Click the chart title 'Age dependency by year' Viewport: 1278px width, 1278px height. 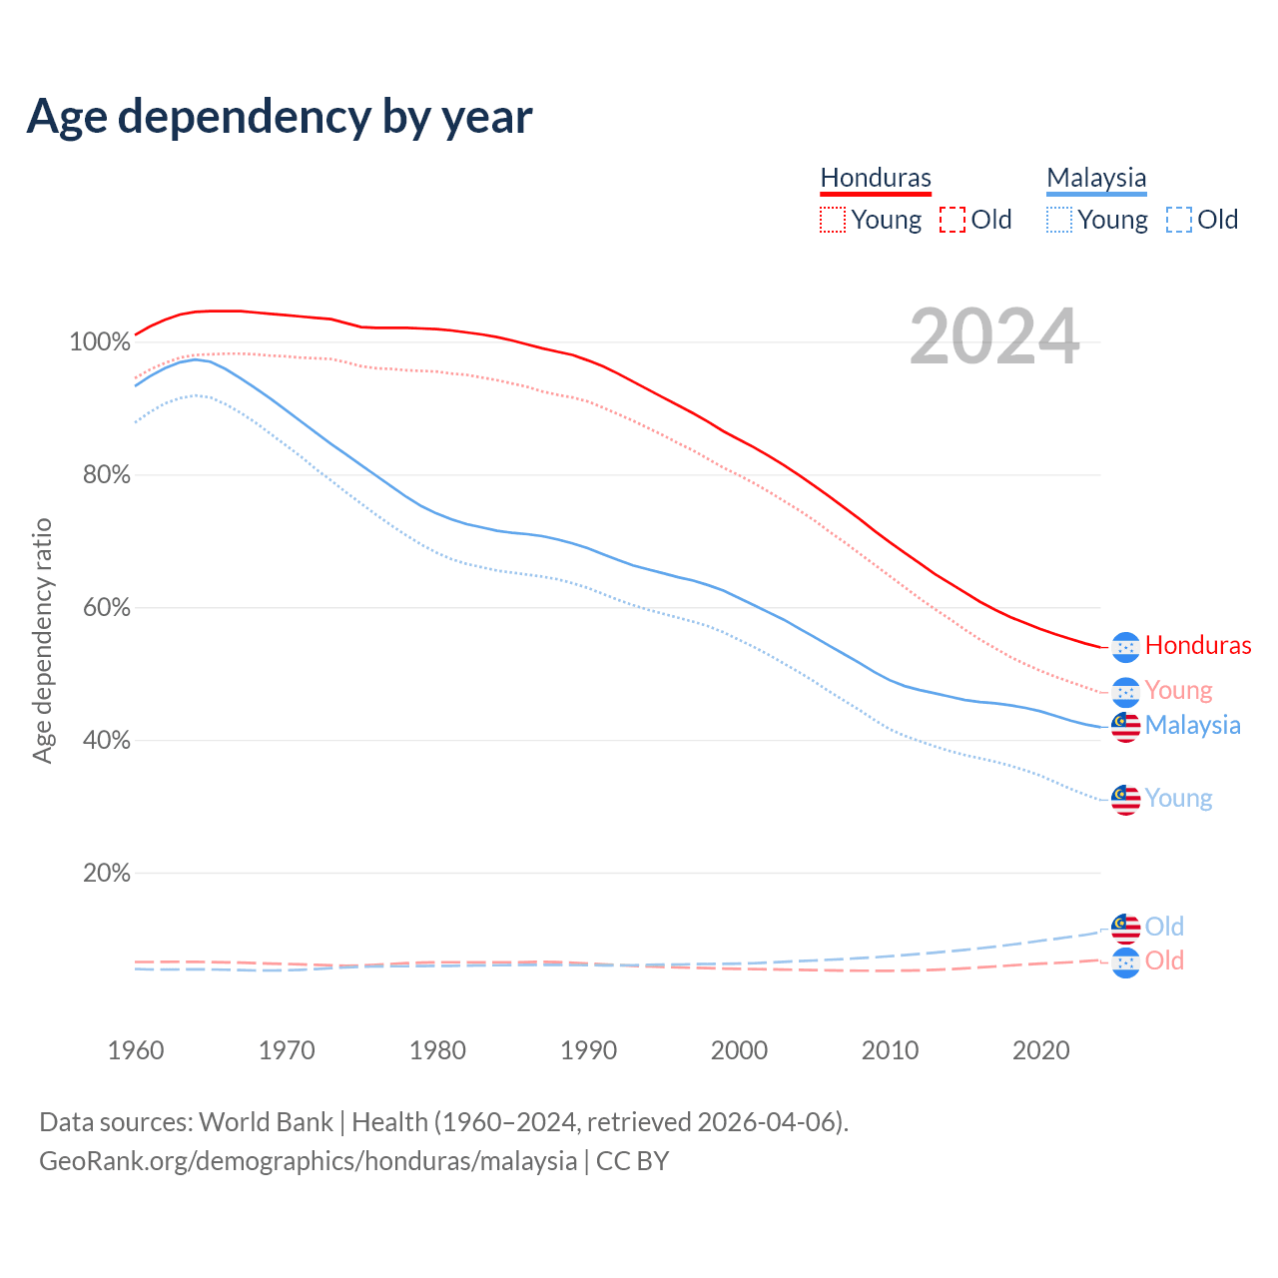click(x=280, y=117)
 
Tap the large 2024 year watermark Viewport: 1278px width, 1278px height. click(x=994, y=337)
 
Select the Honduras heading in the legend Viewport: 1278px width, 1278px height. click(x=876, y=178)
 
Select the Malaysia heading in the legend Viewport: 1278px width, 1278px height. click(x=1096, y=178)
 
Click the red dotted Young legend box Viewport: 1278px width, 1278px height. click(x=833, y=220)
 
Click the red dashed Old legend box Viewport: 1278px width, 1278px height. click(x=953, y=220)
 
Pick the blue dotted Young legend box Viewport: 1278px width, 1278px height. click(x=1059, y=220)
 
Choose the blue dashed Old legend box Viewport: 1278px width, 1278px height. click(x=1179, y=220)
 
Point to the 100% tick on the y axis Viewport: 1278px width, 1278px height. click(x=100, y=342)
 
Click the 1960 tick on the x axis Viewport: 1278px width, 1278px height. click(x=136, y=1050)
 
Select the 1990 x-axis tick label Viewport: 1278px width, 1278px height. click(x=588, y=1050)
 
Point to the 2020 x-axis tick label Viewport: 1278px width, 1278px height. click(x=1041, y=1050)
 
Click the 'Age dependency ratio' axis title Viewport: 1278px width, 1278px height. click(x=42, y=640)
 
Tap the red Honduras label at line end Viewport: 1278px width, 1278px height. click(x=1198, y=646)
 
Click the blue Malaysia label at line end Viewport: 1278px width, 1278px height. click(x=1193, y=725)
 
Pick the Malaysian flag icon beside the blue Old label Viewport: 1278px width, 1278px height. click(x=1126, y=928)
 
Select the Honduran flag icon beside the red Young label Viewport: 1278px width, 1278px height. click(x=1126, y=692)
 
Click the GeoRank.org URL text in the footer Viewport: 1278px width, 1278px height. click(x=309, y=1161)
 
